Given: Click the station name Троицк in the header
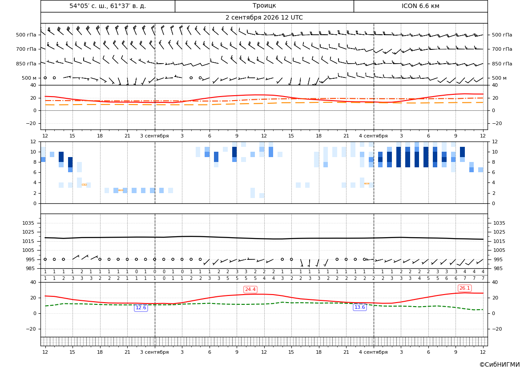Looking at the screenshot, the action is tap(264, 6).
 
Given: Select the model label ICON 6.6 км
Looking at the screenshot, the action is tap(420, 6).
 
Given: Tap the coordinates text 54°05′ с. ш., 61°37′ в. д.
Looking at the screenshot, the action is tap(108, 6).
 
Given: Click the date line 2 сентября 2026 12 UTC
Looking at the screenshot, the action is tap(264, 18).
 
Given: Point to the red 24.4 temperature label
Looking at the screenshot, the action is tap(250, 289).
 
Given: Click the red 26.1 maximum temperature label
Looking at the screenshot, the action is tap(464, 288).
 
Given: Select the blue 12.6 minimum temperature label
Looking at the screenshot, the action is tap(141, 307).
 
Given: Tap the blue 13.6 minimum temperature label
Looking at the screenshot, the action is tap(360, 307).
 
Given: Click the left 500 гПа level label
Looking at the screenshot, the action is tap(26, 35).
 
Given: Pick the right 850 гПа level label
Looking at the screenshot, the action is tap(502, 64).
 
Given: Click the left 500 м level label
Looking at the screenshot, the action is tap(29, 78).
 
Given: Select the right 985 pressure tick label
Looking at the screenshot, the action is tap(497, 268).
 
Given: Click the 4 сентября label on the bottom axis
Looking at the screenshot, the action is tap(373, 352).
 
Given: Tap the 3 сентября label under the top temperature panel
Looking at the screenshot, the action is tap(154, 136).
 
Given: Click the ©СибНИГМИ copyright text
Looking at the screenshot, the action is tap(500, 365).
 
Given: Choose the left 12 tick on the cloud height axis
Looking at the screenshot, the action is tap(33, 142).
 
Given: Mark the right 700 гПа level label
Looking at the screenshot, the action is tap(502, 49).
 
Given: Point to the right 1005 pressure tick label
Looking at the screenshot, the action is tap(499, 250).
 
